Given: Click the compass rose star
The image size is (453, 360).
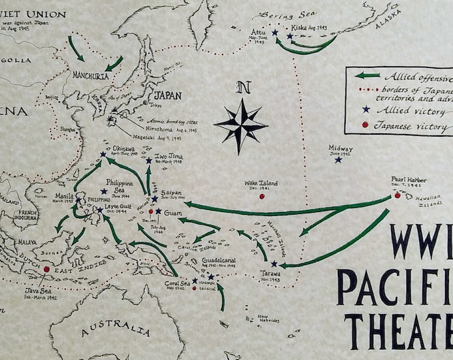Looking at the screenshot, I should (x=240, y=124).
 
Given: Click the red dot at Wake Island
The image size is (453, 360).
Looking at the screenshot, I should (x=261, y=197).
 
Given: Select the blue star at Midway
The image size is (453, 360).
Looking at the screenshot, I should (x=338, y=159).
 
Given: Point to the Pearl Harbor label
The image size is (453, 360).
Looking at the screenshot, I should (x=409, y=180).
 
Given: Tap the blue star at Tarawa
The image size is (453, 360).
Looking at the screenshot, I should (x=274, y=263).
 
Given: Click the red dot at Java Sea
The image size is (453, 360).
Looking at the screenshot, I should (x=46, y=269).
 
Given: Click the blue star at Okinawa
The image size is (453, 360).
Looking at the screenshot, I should (x=103, y=155).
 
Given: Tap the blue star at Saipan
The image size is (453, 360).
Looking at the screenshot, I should (x=155, y=199).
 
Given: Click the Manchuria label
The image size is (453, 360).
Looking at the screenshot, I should (x=91, y=75).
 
